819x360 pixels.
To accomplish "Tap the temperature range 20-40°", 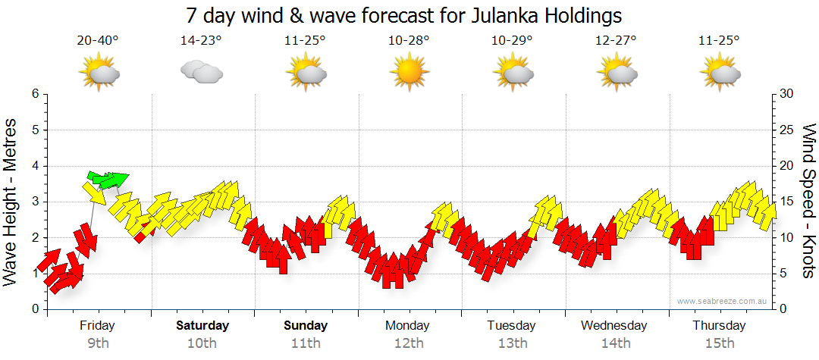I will click(x=97, y=41).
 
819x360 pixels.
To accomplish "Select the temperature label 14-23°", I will click(x=201, y=41).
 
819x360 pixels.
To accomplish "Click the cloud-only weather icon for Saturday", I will click(x=201, y=72).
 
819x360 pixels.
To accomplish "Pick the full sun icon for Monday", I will click(x=409, y=73).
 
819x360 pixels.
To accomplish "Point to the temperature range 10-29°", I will click(x=513, y=41).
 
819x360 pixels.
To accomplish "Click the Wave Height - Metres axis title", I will click(x=11, y=201).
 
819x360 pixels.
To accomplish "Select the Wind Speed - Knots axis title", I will click(x=808, y=201).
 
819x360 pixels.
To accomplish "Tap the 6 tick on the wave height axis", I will click(x=34, y=94).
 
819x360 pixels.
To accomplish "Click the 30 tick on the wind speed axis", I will click(x=786, y=94).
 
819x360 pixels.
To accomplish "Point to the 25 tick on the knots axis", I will click(x=786, y=130).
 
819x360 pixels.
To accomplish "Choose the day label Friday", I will click(x=97, y=325).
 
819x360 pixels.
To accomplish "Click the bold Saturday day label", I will click(x=202, y=325).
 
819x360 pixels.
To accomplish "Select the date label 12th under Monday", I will click(x=409, y=343).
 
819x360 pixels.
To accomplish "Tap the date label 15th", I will click(x=720, y=343).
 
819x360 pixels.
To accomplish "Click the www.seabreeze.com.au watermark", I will click(x=723, y=301).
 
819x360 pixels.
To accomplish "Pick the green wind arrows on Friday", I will click(x=108, y=180).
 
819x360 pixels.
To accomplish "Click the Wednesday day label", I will click(x=614, y=325).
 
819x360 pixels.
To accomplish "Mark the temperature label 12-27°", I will click(x=616, y=41).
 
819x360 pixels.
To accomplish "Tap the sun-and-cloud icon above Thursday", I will click(x=720, y=73).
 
